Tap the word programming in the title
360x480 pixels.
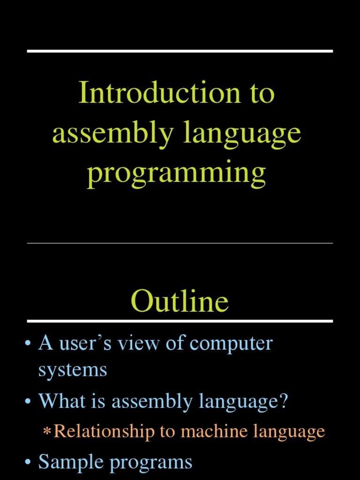point(176,173)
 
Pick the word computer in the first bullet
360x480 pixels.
point(231,344)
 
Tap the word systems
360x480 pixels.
point(73,370)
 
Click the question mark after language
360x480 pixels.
point(283,402)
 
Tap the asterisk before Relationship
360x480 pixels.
point(47,432)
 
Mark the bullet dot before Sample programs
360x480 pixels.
point(28,463)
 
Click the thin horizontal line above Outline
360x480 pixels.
point(180,243)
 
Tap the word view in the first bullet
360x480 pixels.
point(139,344)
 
